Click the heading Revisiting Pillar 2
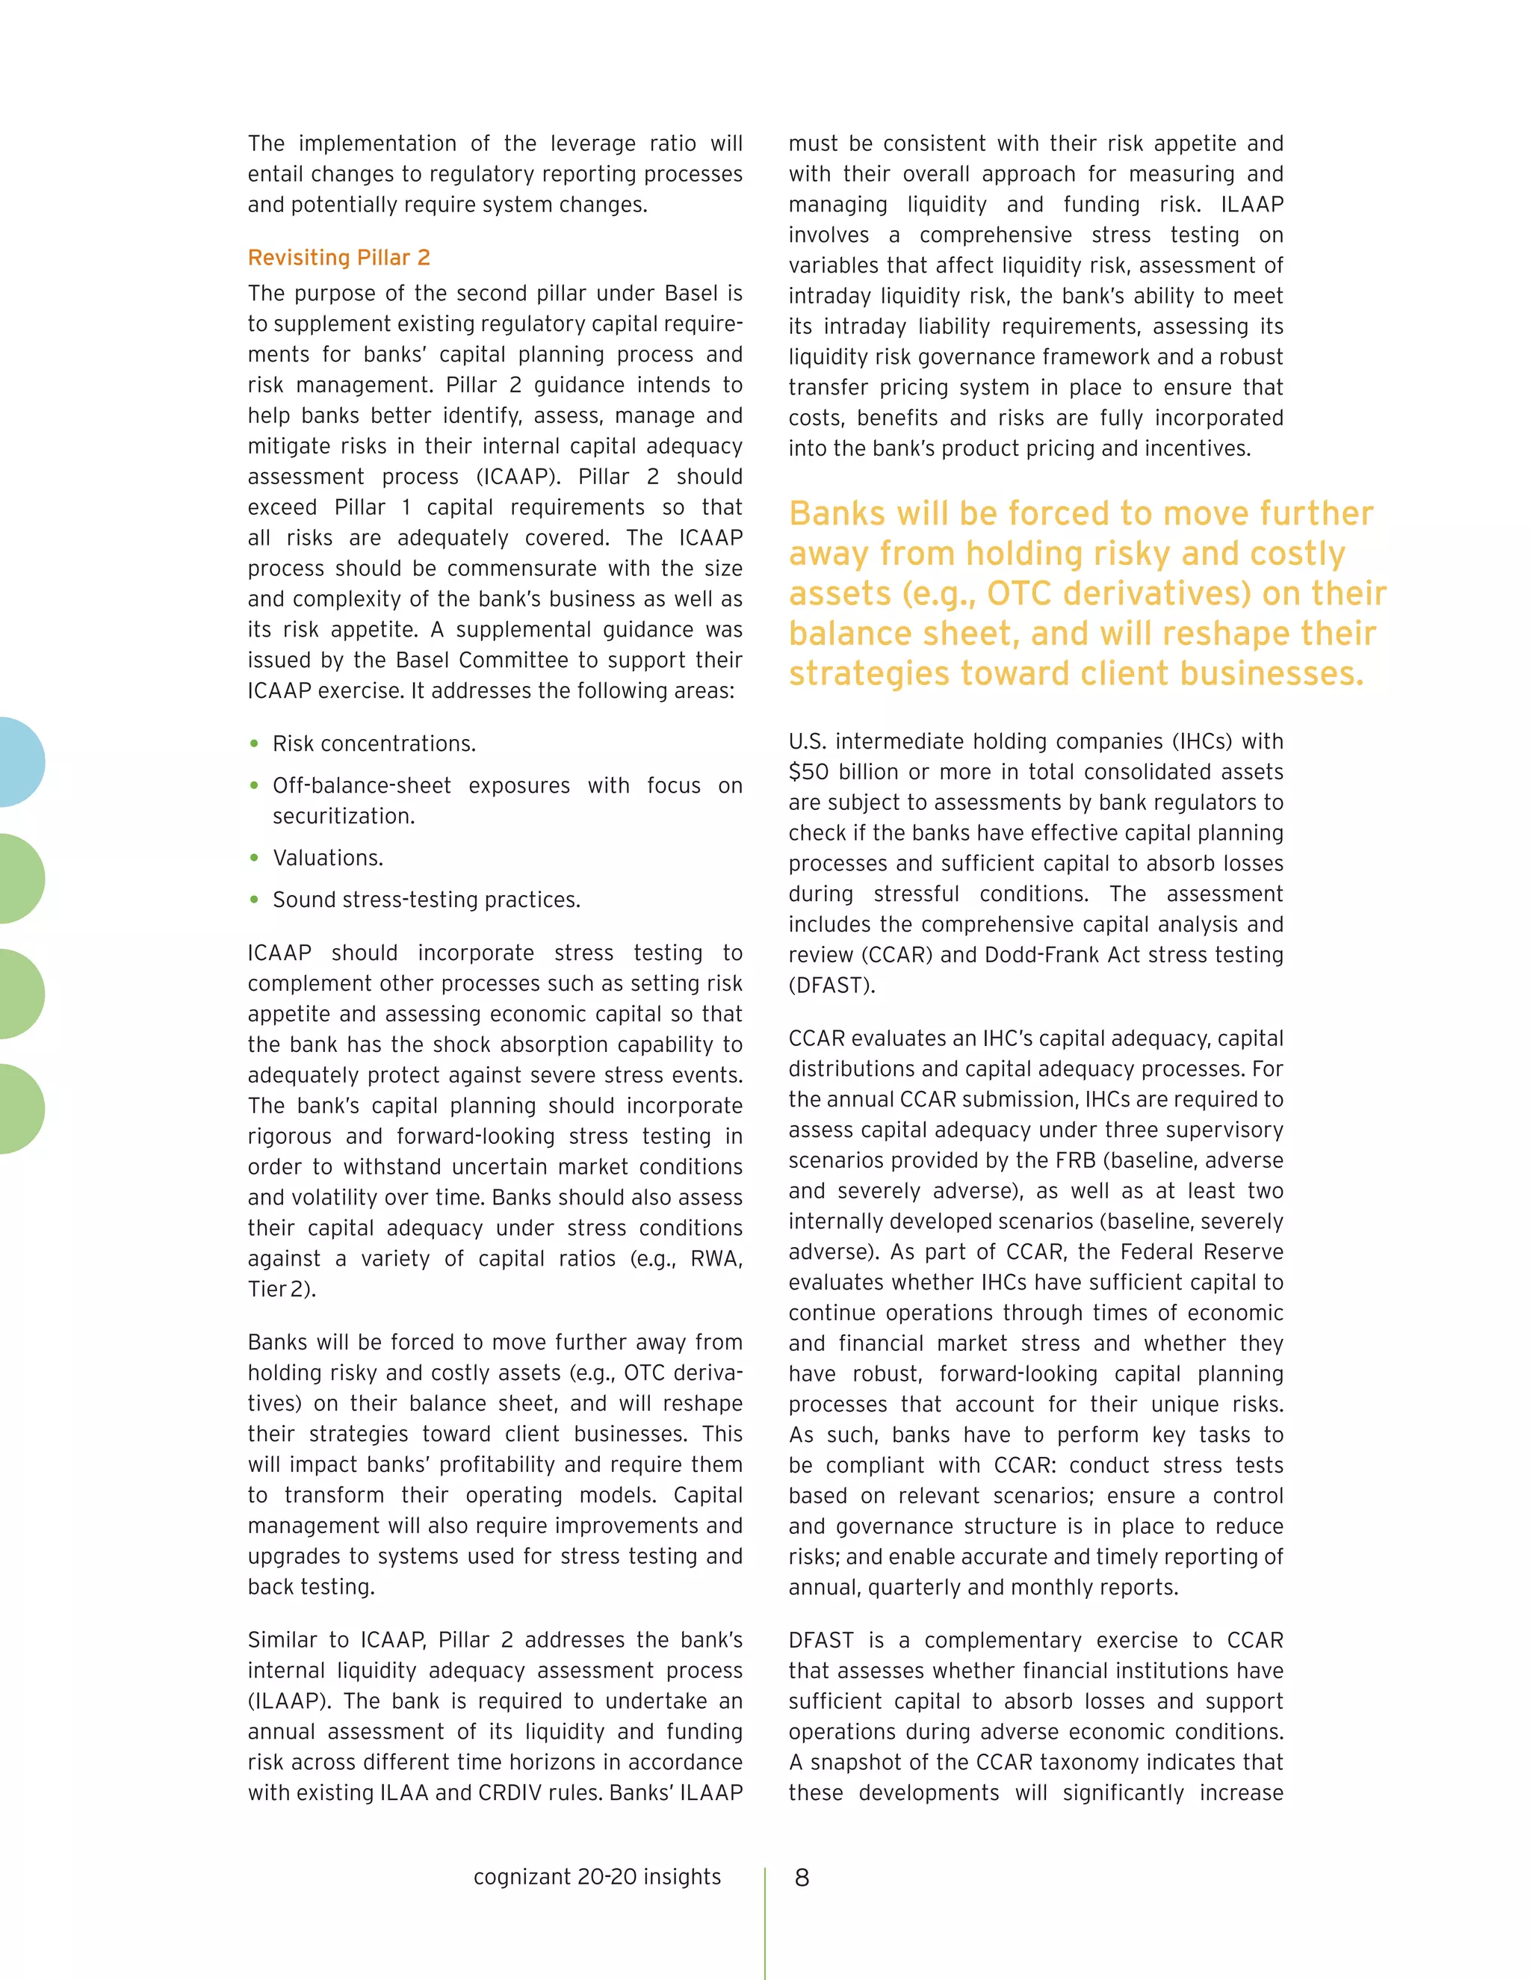(x=338, y=258)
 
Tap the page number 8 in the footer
(x=802, y=1878)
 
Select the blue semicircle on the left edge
(x=20, y=761)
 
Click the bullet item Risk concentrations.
(x=374, y=743)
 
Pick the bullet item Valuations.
(x=327, y=858)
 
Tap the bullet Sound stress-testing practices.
(x=426, y=900)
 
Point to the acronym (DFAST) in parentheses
(x=831, y=986)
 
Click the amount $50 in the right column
(x=808, y=772)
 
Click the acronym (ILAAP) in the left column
(x=286, y=1701)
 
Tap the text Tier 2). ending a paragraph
(x=282, y=1289)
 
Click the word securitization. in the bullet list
(x=344, y=816)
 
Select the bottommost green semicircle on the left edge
(x=20, y=1109)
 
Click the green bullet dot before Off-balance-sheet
(x=255, y=785)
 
